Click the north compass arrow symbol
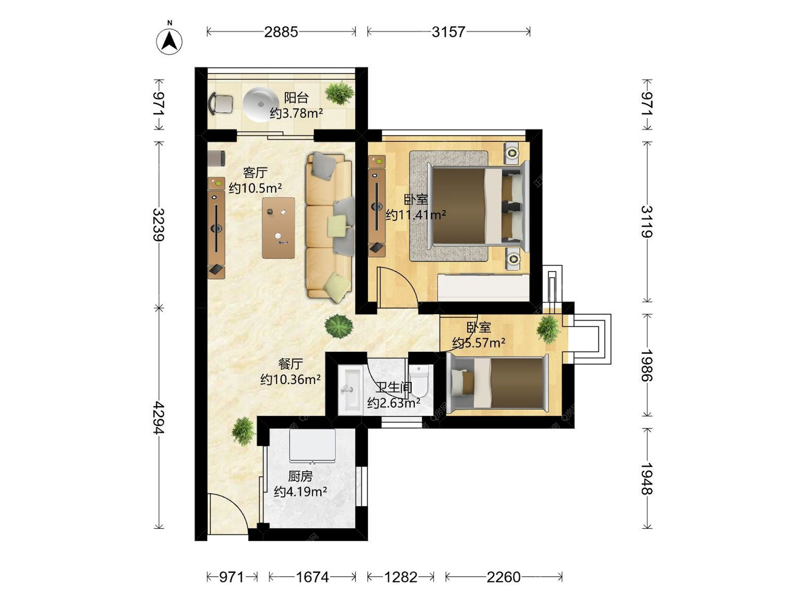coord(169,41)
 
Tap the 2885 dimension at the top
coord(281,32)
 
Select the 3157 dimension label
coord(448,32)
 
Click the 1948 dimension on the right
coord(647,479)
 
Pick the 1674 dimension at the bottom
coord(312,577)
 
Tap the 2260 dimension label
coord(503,577)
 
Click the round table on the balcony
coord(261,104)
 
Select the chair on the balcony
coord(221,103)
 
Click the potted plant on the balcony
coord(339,93)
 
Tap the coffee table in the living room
coord(278,228)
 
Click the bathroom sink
coord(350,390)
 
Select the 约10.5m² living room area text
coord(255,188)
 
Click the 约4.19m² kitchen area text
coord(301,491)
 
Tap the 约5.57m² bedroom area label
coord(479,343)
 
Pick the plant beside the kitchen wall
coord(243,431)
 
